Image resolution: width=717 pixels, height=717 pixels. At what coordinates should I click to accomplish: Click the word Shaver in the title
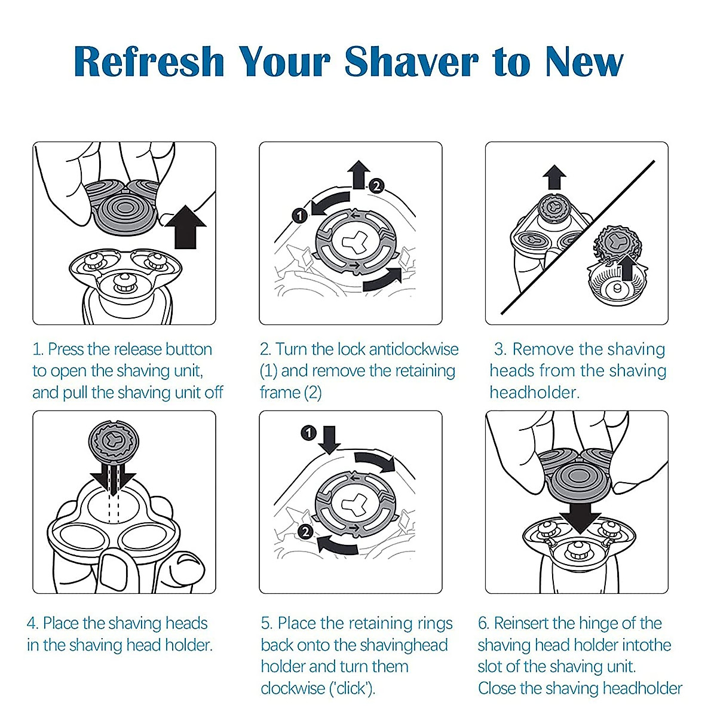411,62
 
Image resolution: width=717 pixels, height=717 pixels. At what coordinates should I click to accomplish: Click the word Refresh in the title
149,62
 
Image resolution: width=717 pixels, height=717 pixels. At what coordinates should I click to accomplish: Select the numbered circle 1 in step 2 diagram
300,215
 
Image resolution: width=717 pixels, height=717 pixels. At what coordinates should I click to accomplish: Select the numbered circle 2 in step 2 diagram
376,186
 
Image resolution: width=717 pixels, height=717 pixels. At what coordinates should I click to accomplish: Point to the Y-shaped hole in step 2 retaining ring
350,244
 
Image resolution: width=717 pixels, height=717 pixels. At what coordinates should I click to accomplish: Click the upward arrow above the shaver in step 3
555,178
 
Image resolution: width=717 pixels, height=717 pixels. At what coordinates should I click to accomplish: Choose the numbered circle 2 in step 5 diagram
305,531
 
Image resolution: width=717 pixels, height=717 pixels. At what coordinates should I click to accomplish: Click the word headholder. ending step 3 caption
534,393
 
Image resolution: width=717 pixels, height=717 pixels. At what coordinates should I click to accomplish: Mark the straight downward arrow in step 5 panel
328,440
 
